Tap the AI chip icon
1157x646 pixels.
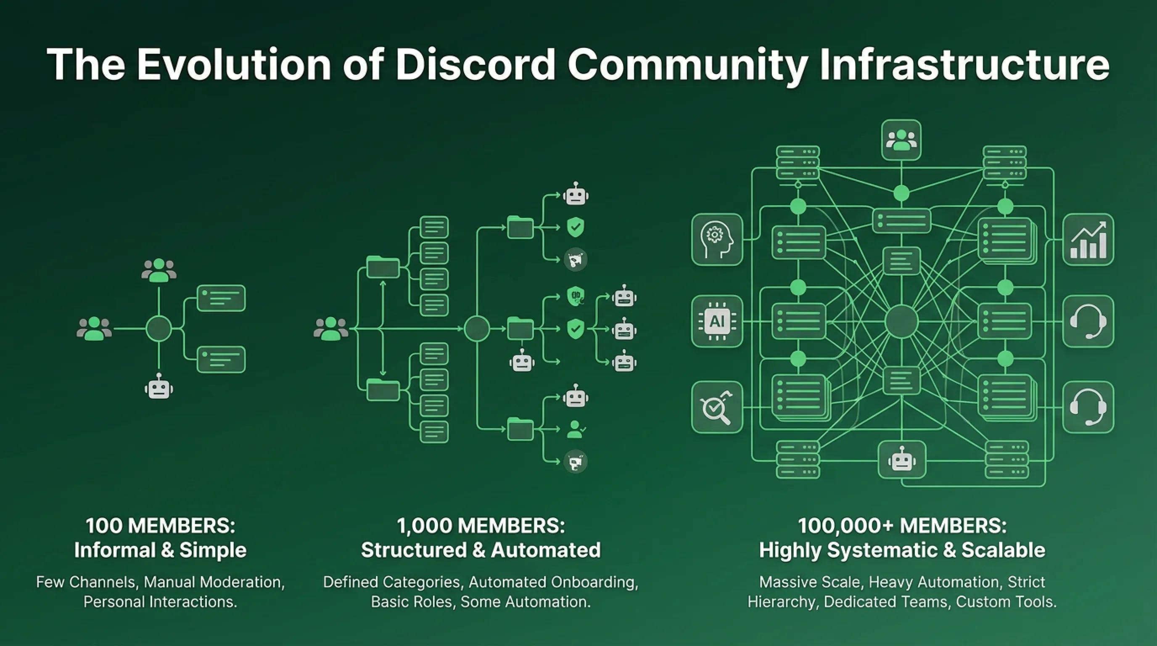717,321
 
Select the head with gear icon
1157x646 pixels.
717,239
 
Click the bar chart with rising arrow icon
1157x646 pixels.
1088,239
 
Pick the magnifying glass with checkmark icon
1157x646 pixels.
717,408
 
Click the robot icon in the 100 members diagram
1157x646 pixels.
158,387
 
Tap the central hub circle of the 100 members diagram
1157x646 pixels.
158,329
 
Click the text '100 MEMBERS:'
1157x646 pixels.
160,526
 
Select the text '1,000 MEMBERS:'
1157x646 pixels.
481,526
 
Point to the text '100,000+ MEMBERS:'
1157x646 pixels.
902,526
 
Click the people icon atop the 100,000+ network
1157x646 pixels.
901,140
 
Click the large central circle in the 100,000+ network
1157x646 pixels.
901,321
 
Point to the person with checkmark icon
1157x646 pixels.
576,429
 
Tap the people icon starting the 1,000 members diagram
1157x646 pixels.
331,329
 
